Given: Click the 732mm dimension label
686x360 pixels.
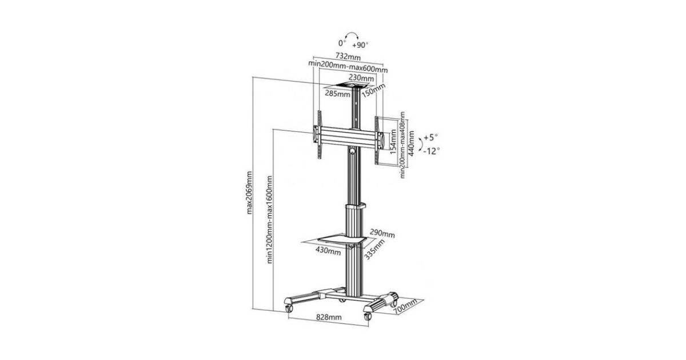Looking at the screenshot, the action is [x=348, y=57].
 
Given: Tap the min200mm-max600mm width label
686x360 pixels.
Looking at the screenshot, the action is [x=348, y=67].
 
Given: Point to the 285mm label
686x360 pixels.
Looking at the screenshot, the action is [x=337, y=93].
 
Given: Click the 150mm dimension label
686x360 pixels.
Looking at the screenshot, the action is [x=373, y=90].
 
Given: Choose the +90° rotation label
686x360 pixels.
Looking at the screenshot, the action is [x=360, y=45].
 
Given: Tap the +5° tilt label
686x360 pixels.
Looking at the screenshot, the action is [x=430, y=137].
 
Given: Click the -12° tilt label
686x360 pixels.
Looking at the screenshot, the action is [x=432, y=151].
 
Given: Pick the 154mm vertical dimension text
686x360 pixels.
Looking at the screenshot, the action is [x=393, y=142].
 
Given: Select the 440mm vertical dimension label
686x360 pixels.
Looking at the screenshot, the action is [x=411, y=143].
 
